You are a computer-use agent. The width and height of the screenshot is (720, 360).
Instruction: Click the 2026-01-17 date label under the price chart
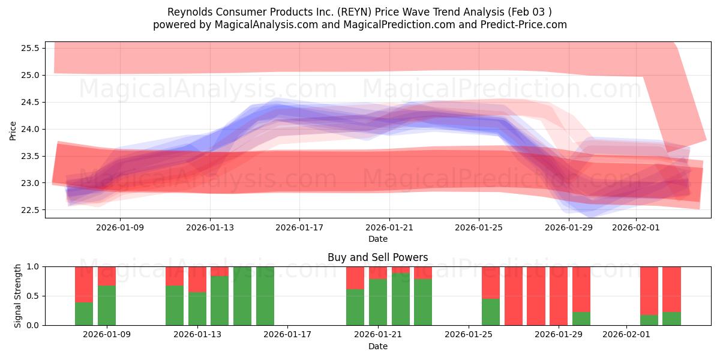pyautogui.click(x=299, y=227)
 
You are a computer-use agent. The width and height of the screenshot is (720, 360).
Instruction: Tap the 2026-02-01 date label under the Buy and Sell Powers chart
pyautogui.click(x=626, y=335)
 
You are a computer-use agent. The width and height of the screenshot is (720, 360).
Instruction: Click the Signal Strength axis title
pyautogui.click(x=18, y=296)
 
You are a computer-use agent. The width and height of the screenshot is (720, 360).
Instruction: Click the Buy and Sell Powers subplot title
pyautogui.click(x=378, y=257)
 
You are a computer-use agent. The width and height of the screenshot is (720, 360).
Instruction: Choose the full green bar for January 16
pyautogui.click(x=265, y=296)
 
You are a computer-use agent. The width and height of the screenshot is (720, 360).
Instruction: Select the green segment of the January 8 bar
pyautogui.click(x=84, y=313)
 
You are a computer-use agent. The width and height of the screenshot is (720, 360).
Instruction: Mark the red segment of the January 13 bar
pyautogui.click(x=197, y=279)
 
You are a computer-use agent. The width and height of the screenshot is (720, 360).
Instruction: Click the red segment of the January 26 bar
pyautogui.click(x=491, y=282)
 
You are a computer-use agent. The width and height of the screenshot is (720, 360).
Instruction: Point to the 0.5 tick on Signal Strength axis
pyautogui.click(x=35, y=296)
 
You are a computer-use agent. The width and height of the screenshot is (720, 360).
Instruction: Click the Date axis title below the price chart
pyautogui.click(x=378, y=239)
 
